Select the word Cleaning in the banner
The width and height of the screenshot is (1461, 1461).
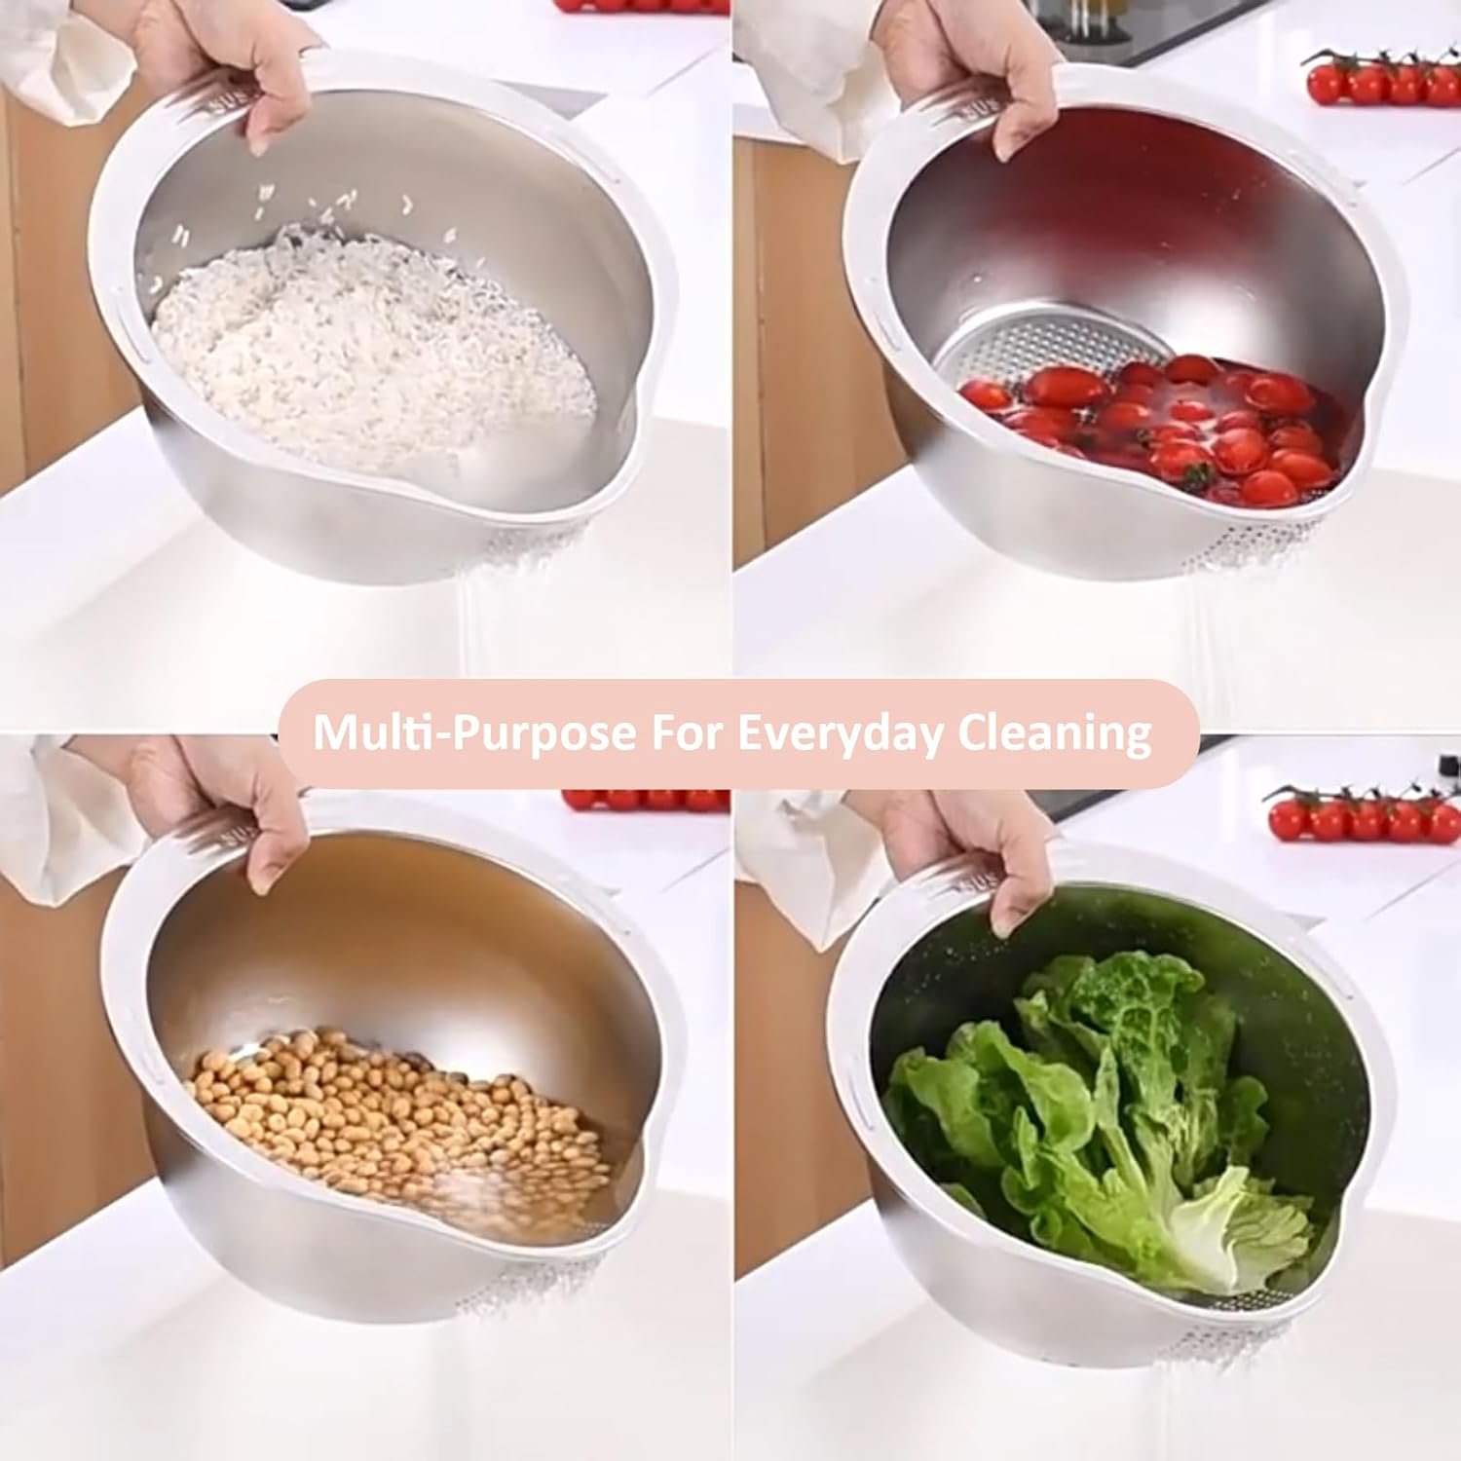[x=1053, y=732]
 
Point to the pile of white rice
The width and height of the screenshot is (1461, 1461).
[x=375, y=336]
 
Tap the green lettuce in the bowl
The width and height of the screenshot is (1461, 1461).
[x=1101, y=1120]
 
